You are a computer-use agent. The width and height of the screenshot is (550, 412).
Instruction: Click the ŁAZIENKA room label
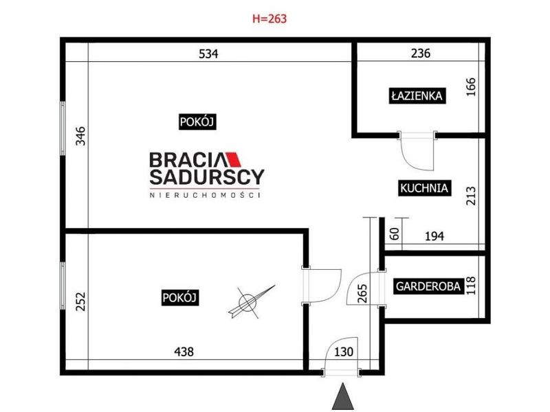click(417, 95)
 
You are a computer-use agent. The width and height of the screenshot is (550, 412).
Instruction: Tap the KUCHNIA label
click(424, 188)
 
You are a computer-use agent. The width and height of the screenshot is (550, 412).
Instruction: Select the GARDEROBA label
click(428, 286)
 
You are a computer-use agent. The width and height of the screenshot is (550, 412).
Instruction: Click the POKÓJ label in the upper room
click(197, 122)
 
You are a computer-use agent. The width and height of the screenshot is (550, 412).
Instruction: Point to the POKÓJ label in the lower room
click(180, 298)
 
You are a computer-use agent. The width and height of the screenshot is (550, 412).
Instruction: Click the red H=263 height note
click(269, 19)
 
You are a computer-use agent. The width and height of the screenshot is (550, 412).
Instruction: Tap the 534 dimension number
click(208, 54)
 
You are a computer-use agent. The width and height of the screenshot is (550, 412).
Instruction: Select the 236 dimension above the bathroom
click(420, 54)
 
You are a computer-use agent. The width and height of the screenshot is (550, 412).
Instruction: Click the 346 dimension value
click(80, 136)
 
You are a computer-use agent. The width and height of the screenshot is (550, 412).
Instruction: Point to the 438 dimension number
click(184, 352)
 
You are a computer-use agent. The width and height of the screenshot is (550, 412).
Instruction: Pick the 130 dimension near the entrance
click(343, 352)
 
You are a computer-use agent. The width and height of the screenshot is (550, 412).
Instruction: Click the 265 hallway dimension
click(363, 293)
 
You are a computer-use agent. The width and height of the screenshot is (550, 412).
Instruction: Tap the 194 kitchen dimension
click(434, 236)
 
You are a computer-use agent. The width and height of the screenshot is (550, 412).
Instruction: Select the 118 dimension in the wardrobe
click(470, 286)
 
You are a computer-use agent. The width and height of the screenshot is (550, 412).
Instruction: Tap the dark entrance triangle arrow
click(342, 396)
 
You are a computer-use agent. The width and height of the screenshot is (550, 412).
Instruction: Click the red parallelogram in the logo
click(234, 159)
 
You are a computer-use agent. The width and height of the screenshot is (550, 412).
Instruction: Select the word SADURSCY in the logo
click(207, 177)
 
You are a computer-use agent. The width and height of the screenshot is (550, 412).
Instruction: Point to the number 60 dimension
click(395, 233)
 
